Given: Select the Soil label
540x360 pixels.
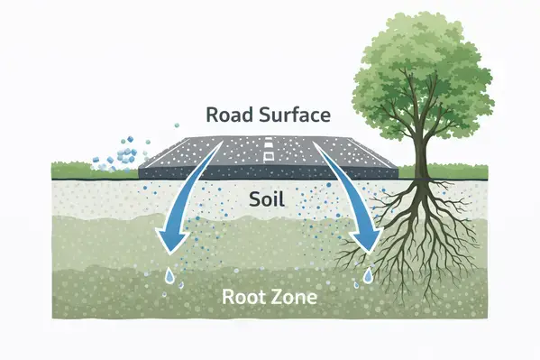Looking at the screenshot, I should click(268, 198).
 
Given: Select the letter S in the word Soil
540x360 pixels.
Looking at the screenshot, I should click(252, 198).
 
